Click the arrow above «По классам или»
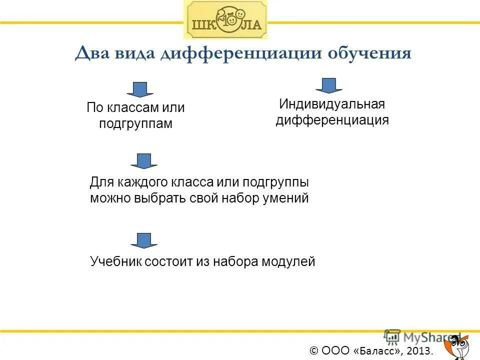pyautogui.click(x=139, y=89)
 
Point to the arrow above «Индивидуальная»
pyautogui.click(x=328, y=85)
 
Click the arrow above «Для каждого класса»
pyautogui.click(x=144, y=160)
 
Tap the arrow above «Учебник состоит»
pyautogui.click(x=144, y=240)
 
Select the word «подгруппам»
pyautogui.click(x=135, y=123)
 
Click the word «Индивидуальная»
pyautogui.click(x=332, y=104)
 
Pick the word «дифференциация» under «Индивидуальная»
pyautogui.click(x=332, y=120)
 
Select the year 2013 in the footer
pyautogui.click(x=418, y=351)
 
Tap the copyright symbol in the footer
pyautogui.click(x=314, y=351)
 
